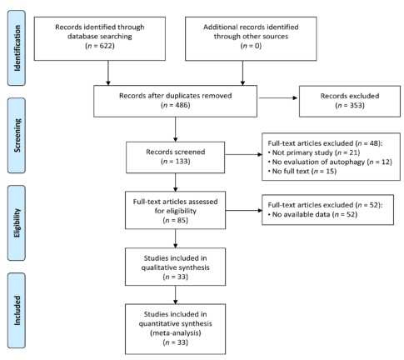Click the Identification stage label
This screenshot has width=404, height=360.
pos(17,48)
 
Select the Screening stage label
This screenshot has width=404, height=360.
pos(17,135)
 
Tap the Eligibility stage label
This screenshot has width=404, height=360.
pos(17,222)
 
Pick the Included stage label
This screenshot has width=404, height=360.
pos(17,310)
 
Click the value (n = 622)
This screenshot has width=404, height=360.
pos(100,46)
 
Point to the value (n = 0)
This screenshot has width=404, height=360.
pos(251,46)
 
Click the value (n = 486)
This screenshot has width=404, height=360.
pos(175,105)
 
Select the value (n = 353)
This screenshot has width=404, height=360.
pos(350,105)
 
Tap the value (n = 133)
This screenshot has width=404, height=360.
pos(175,162)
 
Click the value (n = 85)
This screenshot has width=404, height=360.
pos(175,220)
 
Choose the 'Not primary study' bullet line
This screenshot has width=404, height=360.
pos(314,152)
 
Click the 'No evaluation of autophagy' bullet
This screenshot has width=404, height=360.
pos(330,162)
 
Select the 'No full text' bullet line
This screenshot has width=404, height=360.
pos(302,171)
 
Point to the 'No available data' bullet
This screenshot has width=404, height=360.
pos(312,214)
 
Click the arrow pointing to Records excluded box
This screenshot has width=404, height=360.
pos(278,97)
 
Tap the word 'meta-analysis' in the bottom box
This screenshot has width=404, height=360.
pos(175,332)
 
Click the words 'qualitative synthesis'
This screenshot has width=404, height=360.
pos(175,267)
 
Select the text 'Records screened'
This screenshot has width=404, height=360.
pos(175,152)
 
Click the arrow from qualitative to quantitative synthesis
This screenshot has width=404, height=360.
pos(175,295)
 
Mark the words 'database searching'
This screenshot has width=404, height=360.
pos(100,37)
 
